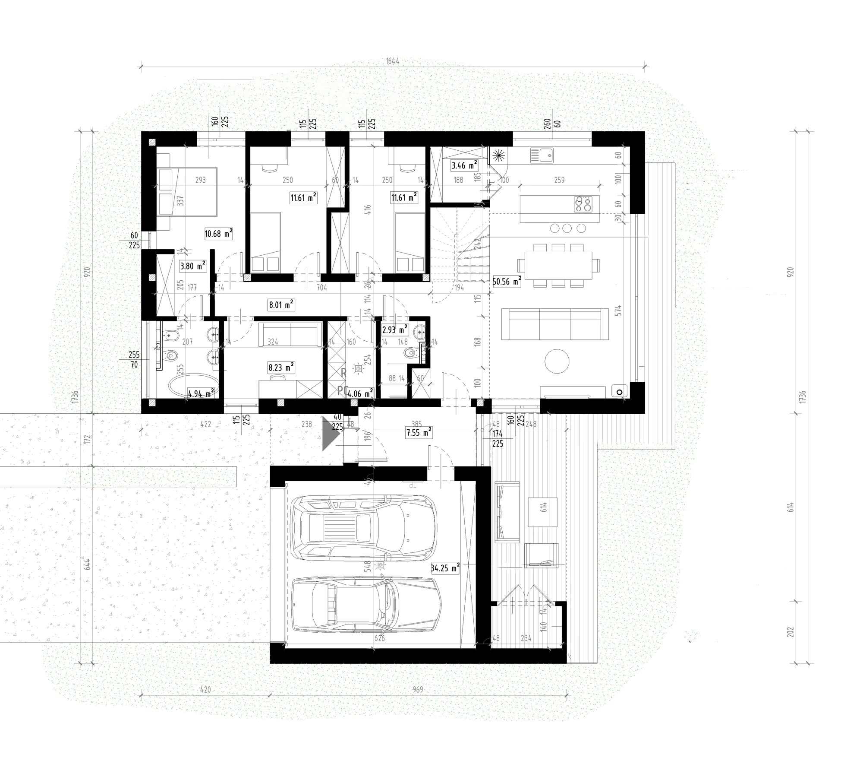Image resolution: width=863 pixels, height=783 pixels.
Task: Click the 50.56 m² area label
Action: [507, 282]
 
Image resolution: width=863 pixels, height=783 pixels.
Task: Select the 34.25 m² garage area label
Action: [445, 568]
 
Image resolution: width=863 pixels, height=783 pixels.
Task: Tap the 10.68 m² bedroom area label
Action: [218, 234]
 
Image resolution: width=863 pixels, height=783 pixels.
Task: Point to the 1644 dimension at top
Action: [392, 61]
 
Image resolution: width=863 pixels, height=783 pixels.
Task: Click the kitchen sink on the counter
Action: [542, 155]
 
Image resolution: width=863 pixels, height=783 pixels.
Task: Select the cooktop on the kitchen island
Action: [587, 204]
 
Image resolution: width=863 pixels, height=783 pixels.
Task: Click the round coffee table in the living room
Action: [557, 361]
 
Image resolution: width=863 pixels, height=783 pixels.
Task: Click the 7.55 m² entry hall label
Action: [419, 432]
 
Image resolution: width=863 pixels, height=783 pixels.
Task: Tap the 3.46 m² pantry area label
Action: [464, 165]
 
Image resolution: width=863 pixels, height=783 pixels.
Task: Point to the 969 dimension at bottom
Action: [417, 690]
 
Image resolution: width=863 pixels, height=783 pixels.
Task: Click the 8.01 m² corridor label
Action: [281, 305]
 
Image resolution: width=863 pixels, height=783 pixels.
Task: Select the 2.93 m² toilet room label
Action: [394, 330]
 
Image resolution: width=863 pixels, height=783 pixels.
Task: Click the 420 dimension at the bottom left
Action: [205, 690]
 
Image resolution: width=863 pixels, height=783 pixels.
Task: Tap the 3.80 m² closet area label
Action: [192, 266]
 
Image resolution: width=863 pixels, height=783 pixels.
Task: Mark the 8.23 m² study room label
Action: [281, 368]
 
